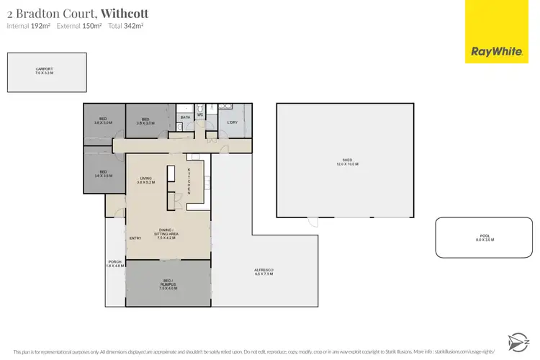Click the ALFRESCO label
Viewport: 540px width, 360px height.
click(264, 271)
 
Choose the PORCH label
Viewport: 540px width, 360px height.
click(114, 264)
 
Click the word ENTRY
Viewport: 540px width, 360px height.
click(135, 238)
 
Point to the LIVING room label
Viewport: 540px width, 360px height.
click(146, 180)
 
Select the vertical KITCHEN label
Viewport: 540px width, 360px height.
click(189, 180)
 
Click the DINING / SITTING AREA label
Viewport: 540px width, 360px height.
click(168, 233)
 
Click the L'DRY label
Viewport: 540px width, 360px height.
click(233, 122)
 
